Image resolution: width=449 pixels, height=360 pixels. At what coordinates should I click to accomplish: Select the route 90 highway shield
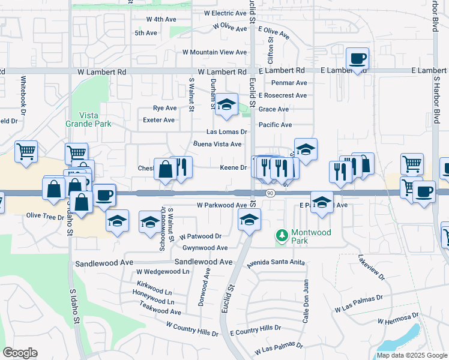[271, 193]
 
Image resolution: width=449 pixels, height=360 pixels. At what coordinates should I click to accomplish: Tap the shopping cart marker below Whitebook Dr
[26, 152]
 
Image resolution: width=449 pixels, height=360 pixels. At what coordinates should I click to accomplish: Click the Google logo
[20, 353]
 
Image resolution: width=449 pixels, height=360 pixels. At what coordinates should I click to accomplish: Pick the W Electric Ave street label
[226, 13]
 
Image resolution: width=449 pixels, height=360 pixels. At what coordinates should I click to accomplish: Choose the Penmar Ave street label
[289, 83]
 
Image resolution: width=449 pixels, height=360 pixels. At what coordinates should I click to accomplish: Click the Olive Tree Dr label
[44, 216]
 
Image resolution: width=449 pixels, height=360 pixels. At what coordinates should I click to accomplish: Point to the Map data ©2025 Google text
[412, 355]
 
